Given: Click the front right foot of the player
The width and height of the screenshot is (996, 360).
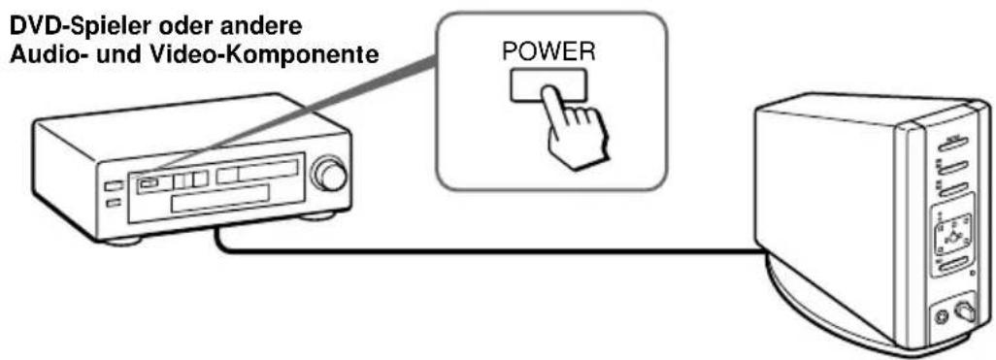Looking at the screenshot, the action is point(319,215).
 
